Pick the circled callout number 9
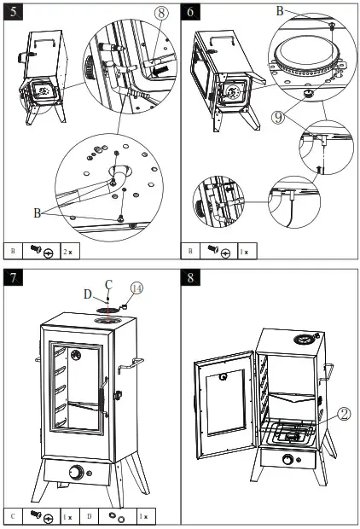(x=277, y=117)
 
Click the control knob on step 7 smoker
(x=78, y=472)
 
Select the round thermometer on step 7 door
(x=74, y=354)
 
